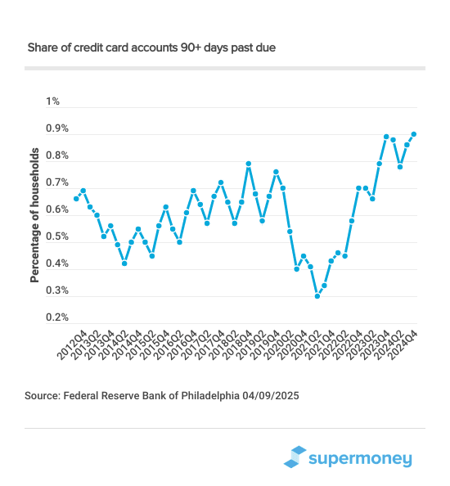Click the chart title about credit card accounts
tap(151, 48)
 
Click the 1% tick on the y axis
tap(53, 102)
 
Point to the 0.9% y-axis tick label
tap(57, 129)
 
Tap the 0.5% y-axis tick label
tap(57, 237)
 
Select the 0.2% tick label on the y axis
tap(57, 317)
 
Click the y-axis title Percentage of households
tap(35, 215)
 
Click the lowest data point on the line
tap(317, 296)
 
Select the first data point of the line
tap(76, 198)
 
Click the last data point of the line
tap(414, 134)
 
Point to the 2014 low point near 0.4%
tap(124, 263)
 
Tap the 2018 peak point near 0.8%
tap(249, 164)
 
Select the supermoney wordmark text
tap(361, 459)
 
